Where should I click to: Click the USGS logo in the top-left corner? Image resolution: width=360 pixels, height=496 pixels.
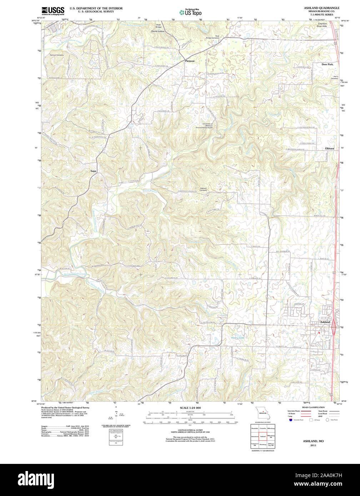pyautogui.click(x=53, y=10)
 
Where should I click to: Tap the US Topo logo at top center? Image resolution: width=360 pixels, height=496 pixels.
pyautogui.click(x=190, y=12)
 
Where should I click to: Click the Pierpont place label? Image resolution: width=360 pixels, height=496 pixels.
pyautogui.click(x=190, y=61)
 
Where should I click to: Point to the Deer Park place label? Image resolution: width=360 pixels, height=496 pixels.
pyautogui.click(x=327, y=64)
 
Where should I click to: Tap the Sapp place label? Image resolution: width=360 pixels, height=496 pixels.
pyautogui.click(x=93, y=171)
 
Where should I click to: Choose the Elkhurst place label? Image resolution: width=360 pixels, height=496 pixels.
pyautogui.click(x=329, y=148)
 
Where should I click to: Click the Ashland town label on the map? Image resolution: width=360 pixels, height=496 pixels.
pyautogui.click(x=325, y=322)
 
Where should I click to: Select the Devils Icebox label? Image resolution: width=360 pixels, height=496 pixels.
pyautogui.click(x=158, y=31)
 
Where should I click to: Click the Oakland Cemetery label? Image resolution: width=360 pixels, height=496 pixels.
pyautogui.click(x=203, y=190)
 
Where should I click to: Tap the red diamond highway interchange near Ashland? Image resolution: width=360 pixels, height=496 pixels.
pyautogui.click(x=334, y=328)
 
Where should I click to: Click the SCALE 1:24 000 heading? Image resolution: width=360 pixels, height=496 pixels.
pyautogui.click(x=190, y=408)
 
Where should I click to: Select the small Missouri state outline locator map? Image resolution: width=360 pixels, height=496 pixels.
pyautogui.click(x=262, y=414)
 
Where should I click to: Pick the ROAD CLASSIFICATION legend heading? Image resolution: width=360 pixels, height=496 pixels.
pyautogui.click(x=313, y=407)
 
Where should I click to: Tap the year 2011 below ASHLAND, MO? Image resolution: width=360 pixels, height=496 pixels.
pyautogui.click(x=313, y=445)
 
